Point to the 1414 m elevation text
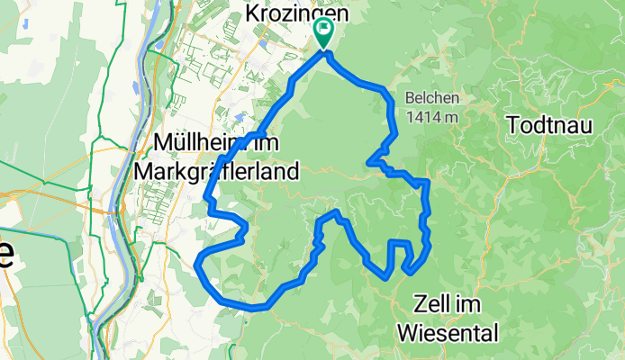click(x=432, y=116)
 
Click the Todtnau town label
click(x=550, y=125)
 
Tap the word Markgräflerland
click(x=215, y=170)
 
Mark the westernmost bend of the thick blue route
click(x=197, y=263)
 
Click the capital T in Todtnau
click(x=514, y=125)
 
